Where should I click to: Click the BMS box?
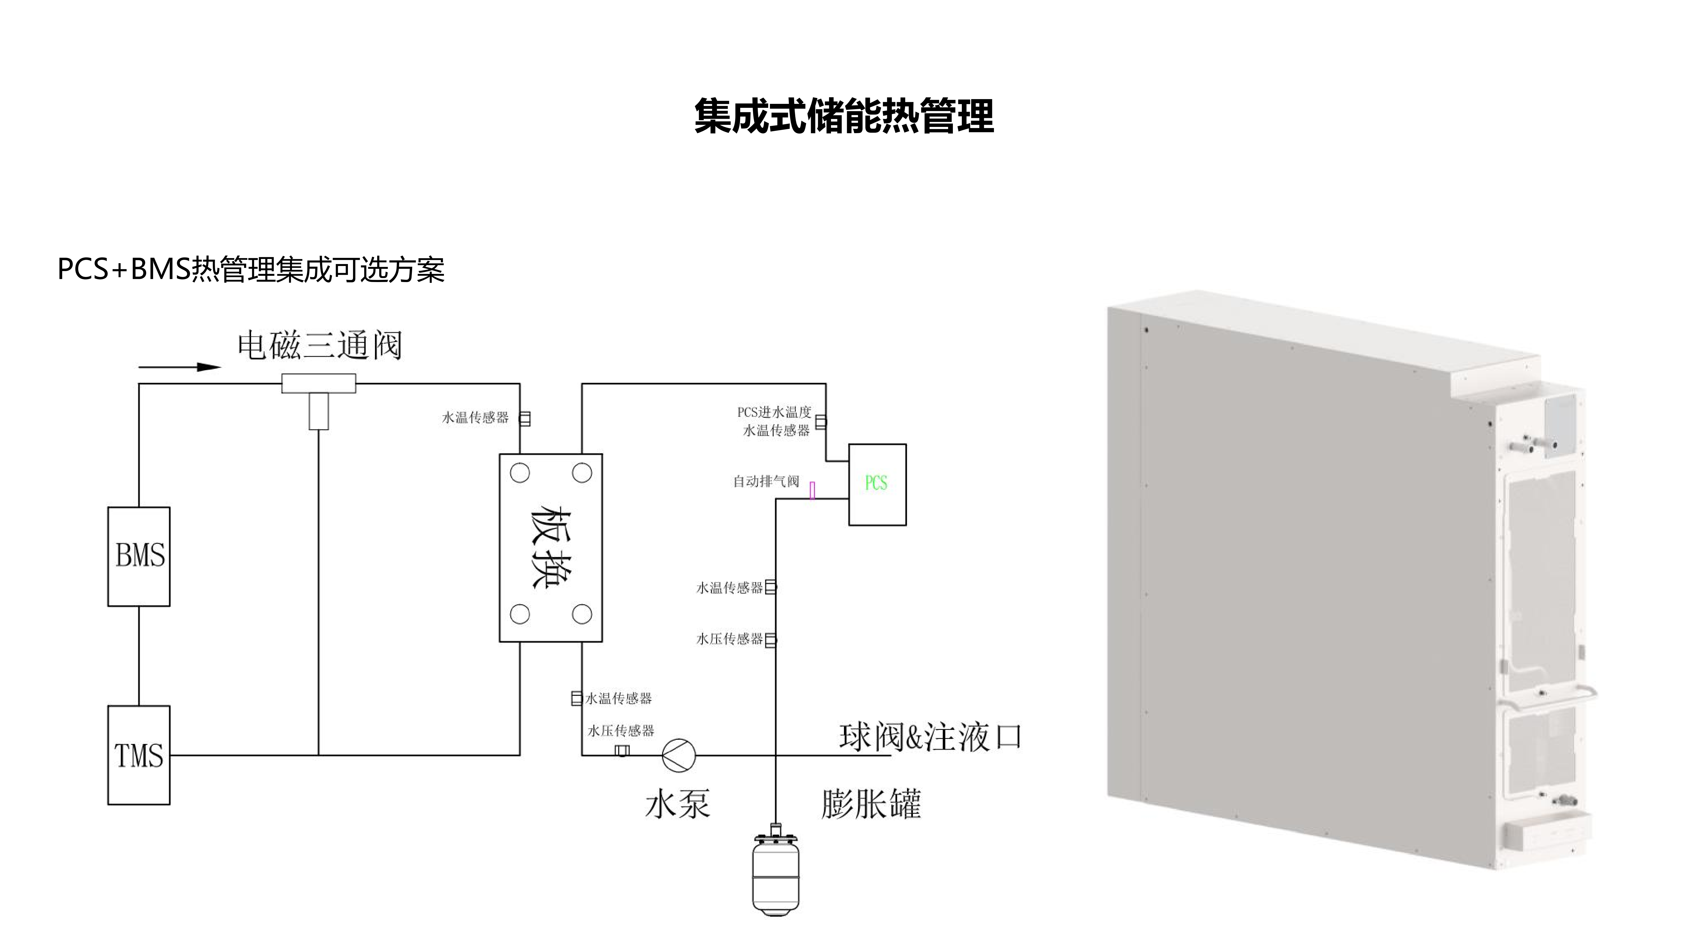(x=139, y=556)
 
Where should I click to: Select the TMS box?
(x=139, y=755)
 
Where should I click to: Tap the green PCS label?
(x=876, y=483)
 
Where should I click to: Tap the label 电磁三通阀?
(x=319, y=345)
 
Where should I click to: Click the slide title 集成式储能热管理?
(x=844, y=117)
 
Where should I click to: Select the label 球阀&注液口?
(x=930, y=737)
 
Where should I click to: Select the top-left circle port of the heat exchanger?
(x=520, y=473)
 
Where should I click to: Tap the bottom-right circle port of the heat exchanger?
(x=582, y=614)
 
